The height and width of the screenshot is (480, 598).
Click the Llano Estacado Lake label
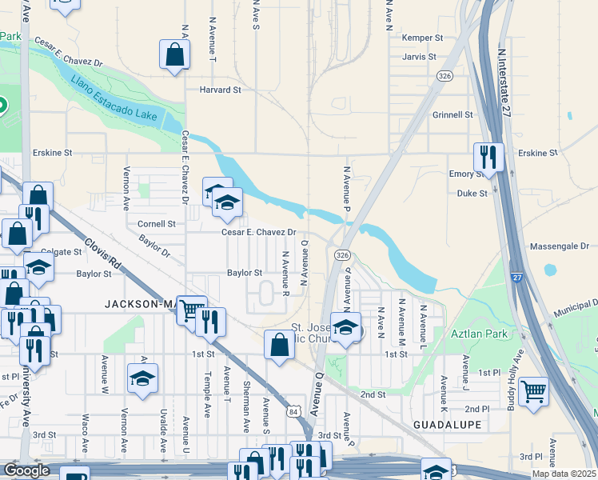click(114, 98)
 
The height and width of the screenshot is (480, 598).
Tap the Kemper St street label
click(423, 38)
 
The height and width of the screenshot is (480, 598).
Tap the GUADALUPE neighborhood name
click(448, 424)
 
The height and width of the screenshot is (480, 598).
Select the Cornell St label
click(156, 224)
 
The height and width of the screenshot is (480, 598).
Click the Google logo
click(27, 470)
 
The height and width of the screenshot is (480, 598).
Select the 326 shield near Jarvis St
click(445, 74)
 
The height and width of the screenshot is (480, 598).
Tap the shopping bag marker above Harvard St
click(174, 55)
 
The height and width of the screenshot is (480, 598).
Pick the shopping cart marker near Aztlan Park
click(533, 391)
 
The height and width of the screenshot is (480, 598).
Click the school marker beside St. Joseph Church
click(345, 327)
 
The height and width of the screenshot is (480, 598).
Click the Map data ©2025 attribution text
click(563, 474)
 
